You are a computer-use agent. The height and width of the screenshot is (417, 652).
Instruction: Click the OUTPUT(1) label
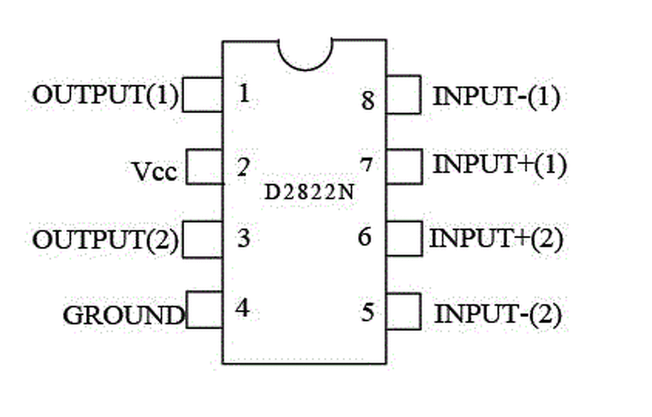click(106, 95)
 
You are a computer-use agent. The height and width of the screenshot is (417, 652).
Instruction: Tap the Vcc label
click(155, 172)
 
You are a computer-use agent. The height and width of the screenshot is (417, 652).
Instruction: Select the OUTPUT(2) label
click(106, 240)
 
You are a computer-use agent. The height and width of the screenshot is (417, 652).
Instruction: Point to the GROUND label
click(123, 315)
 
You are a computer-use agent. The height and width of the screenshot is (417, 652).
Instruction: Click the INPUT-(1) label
click(496, 97)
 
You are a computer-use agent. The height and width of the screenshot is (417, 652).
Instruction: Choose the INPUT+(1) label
click(499, 165)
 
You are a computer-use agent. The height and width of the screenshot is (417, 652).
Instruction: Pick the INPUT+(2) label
click(496, 238)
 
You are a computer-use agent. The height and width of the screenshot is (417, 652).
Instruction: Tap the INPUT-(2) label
click(498, 315)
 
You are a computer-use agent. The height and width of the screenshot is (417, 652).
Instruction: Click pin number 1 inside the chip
click(244, 94)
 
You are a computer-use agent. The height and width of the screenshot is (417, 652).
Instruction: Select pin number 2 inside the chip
click(243, 168)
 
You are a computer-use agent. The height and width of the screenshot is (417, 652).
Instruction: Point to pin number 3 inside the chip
click(243, 238)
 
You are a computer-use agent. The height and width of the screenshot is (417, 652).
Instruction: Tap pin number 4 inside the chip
click(242, 308)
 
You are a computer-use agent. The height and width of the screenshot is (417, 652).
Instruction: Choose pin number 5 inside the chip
click(367, 312)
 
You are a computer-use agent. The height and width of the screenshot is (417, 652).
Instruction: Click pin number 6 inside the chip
click(365, 237)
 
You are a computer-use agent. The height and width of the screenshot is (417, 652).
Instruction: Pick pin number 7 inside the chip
click(366, 165)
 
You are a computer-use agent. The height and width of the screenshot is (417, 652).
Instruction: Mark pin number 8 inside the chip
click(368, 100)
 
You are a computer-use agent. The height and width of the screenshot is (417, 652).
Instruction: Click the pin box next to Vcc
click(204, 166)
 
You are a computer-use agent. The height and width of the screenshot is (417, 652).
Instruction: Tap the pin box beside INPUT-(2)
click(404, 311)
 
